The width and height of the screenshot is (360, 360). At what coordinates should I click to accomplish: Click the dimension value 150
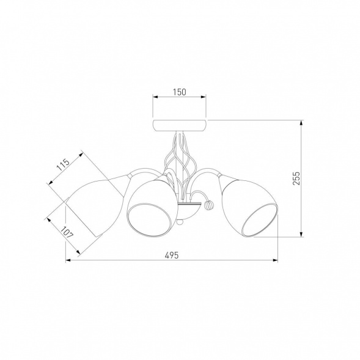click(x=180, y=92)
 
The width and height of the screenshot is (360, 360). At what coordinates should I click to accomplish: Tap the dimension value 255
click(x=296, y=178)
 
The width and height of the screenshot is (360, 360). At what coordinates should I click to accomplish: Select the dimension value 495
click(x=172, y=255)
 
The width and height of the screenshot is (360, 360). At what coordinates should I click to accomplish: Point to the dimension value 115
click(x=63, y=164)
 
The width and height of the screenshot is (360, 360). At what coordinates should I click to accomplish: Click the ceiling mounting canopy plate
click(x=180, y=125)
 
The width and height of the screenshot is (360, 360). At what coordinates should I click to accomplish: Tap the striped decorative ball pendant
click(x=209, y=204)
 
